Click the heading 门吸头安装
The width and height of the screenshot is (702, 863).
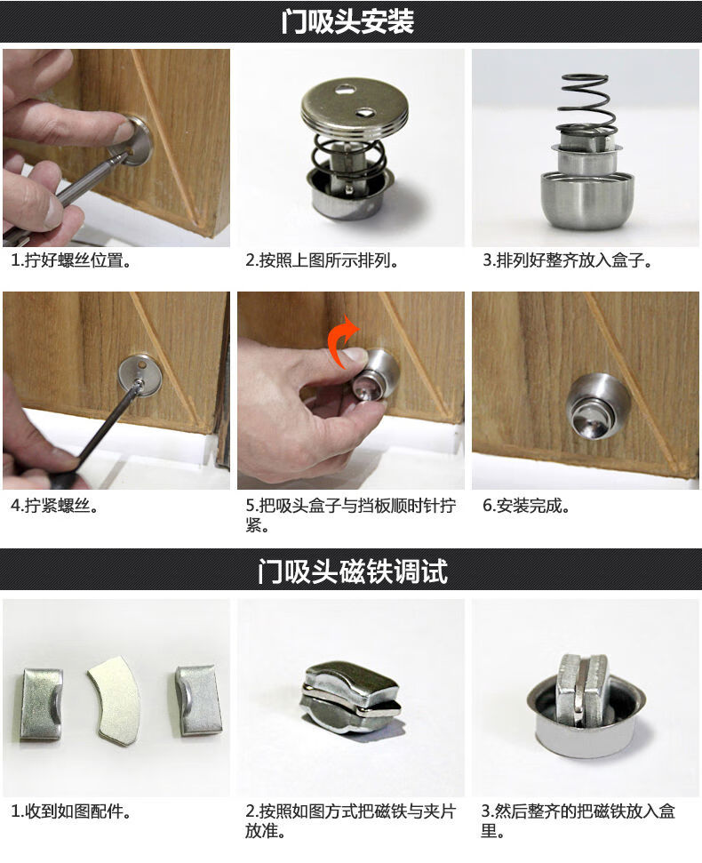pyautogui.click(x=348, y=21)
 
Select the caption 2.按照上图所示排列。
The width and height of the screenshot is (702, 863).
pyautogui.click(x=322, y=261)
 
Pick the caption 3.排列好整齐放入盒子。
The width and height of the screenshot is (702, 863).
pyautogui.click(x=568, y=261)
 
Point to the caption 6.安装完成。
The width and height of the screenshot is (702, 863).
pyautogui.click(x=526, y=507)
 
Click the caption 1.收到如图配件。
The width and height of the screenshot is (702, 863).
pyautogui.click(x=71, y=811)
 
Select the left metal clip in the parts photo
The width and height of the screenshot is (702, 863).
pyautogui.click(x=40, y=702)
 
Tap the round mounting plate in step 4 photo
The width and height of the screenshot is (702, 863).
pyautogui.click(x=140, y=376)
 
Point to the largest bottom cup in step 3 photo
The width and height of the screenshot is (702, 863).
pyautogui.click(x=586, y=200)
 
